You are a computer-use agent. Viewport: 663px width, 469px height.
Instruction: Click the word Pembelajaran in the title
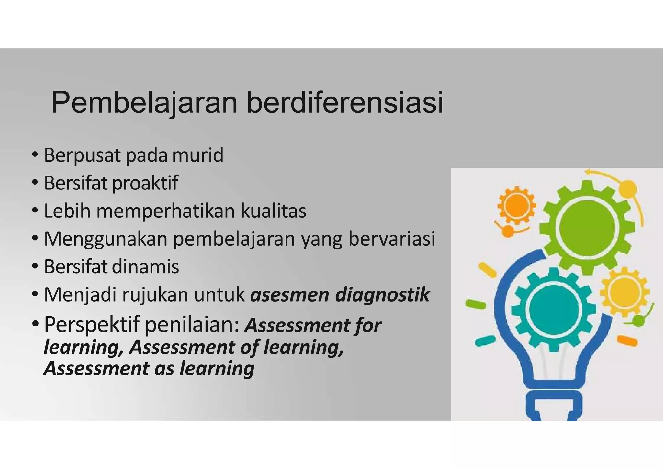click(x=144, y=103)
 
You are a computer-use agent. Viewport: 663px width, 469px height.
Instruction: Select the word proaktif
click(x=145, y=183)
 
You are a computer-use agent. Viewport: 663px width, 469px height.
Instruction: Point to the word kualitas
click(x=274, y=211)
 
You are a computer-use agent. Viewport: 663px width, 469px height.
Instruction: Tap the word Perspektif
click(x=92, y=325)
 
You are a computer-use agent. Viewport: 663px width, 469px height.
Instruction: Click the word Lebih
click(x=67, y=211)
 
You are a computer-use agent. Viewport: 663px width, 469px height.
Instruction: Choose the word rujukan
click(x=155, y=295)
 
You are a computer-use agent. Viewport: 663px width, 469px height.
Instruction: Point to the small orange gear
click(x=517, y=205)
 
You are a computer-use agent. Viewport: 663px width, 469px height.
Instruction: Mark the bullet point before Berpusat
click(x=35, y=155)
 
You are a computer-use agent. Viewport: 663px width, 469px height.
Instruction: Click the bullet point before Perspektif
click(x=35, y=323)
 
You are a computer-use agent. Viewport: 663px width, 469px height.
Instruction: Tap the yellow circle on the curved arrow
click(x=628, y=188)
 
